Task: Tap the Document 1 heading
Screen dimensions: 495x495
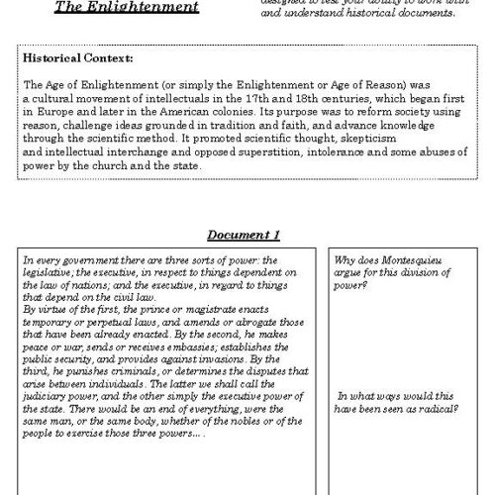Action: [244, 235]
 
